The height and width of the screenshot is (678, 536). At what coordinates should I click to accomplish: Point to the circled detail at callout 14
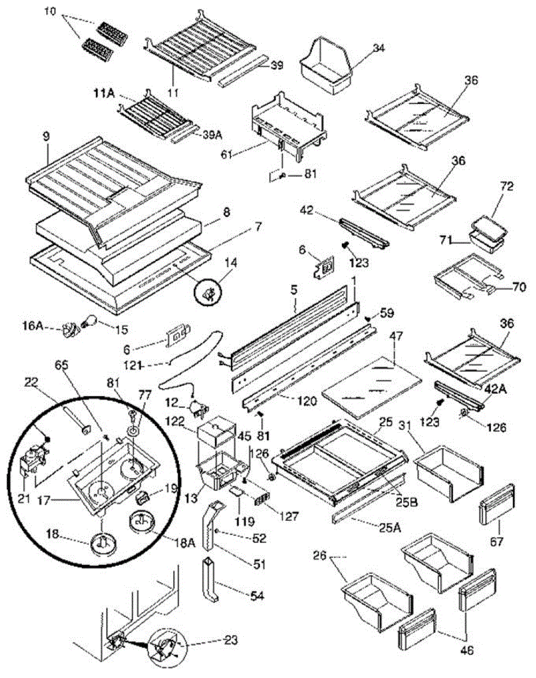click(x=208, y=292)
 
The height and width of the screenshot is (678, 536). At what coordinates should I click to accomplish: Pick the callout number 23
click(x=230, y=641)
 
